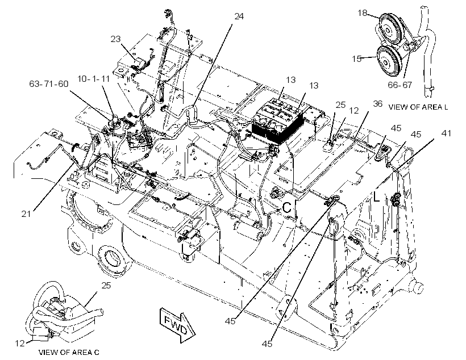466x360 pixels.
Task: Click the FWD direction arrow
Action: click(177, 325)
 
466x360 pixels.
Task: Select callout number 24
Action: click(239, 16)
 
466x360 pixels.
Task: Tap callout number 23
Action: click(115, 39)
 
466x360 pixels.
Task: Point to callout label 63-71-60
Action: click(49, 84)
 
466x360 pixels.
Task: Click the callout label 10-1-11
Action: click(94, 79)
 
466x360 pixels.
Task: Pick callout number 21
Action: click(26, 214)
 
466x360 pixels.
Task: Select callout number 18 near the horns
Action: click(362, 12)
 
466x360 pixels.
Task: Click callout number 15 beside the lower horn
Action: click(357, 59)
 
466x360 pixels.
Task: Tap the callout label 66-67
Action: click(400, 85)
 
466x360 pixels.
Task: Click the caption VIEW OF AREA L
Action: click(418, 107)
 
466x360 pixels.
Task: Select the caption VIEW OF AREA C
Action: click(69, 352)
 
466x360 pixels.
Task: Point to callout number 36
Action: click(378, 104)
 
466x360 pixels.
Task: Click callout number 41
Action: click(446, 133)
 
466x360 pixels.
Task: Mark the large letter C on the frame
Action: click(287, 208)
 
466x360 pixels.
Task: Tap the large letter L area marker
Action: click(376, 196)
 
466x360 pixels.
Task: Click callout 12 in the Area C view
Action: click(20, 344)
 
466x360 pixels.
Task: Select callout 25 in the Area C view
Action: click(106, 286)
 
